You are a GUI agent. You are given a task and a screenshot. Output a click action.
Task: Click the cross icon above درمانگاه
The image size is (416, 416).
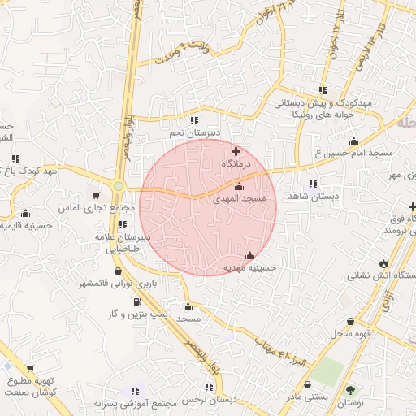236,151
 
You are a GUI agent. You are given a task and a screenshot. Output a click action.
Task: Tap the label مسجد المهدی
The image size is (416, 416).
239,198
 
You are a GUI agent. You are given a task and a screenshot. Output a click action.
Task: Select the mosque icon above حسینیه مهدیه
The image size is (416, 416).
249,255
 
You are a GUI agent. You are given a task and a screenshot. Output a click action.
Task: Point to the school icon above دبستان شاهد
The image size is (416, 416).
314,184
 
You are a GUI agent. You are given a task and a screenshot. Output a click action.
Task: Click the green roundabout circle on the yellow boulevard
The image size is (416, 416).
119,187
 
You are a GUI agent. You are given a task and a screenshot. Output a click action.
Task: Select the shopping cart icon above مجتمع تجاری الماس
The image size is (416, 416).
97,196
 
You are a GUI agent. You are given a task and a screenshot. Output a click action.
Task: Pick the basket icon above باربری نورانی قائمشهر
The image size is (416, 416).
119,271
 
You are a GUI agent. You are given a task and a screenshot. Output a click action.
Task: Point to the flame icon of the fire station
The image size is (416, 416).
383,263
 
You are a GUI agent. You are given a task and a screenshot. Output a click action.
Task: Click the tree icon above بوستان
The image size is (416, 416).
351,389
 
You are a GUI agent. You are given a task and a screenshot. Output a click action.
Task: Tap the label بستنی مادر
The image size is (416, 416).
306,396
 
